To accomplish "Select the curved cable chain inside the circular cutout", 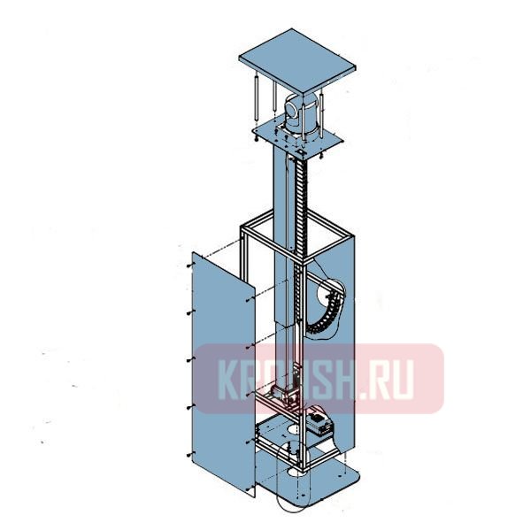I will point(327,310).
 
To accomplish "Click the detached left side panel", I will point(219,372).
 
